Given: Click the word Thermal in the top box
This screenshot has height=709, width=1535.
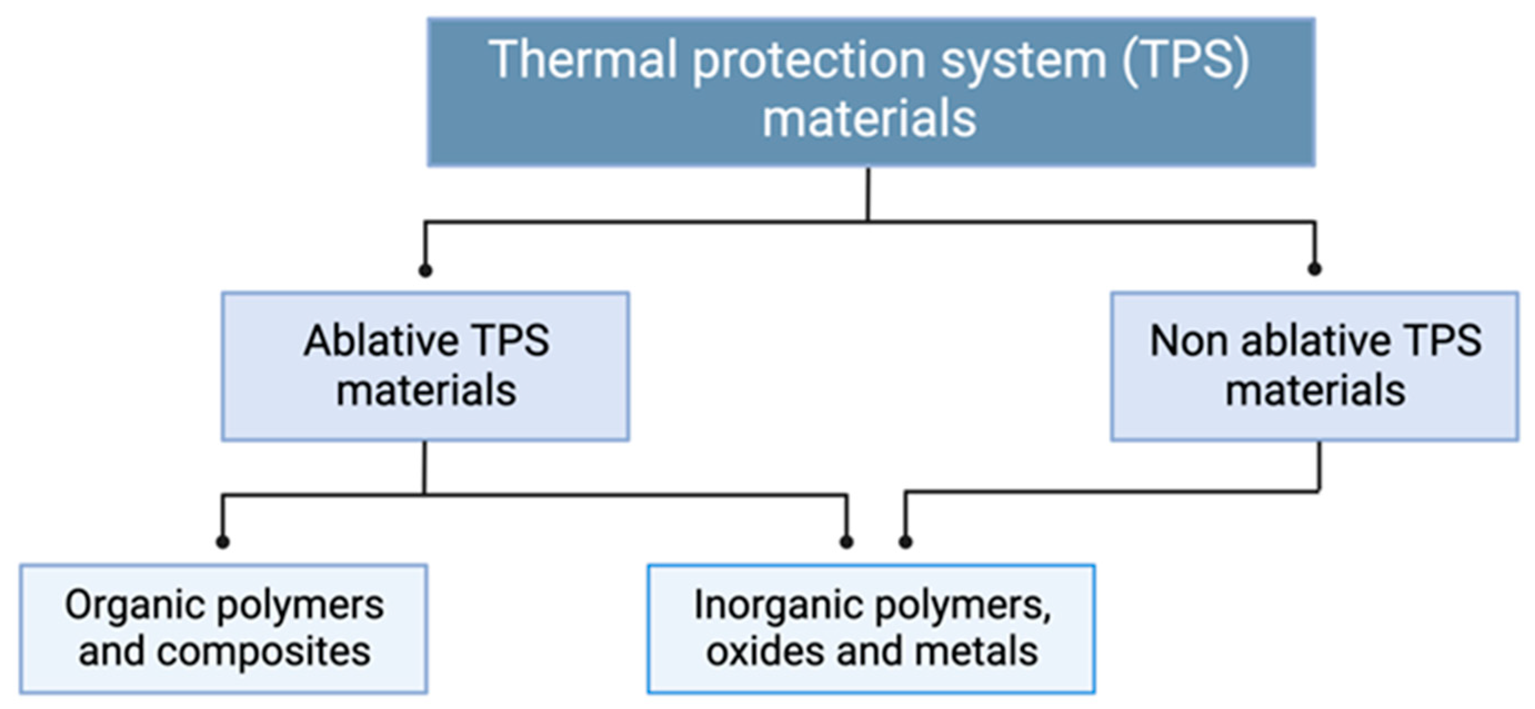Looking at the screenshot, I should (583, 59).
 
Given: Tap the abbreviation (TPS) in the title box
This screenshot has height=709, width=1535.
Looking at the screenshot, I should (1186, 61).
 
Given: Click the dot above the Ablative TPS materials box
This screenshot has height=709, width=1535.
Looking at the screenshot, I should (425, 270).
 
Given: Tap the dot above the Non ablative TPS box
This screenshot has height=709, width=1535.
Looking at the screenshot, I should (1315, 269).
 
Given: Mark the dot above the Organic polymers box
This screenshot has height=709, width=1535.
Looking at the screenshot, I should (223, 541).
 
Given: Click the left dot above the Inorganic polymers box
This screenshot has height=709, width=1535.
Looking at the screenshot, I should (846, 541).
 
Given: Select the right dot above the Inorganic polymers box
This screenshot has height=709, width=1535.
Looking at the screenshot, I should (905, 541).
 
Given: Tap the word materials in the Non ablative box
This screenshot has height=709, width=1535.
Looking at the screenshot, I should (1315, 391).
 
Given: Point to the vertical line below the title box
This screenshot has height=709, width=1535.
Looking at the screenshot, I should (867, 194).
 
